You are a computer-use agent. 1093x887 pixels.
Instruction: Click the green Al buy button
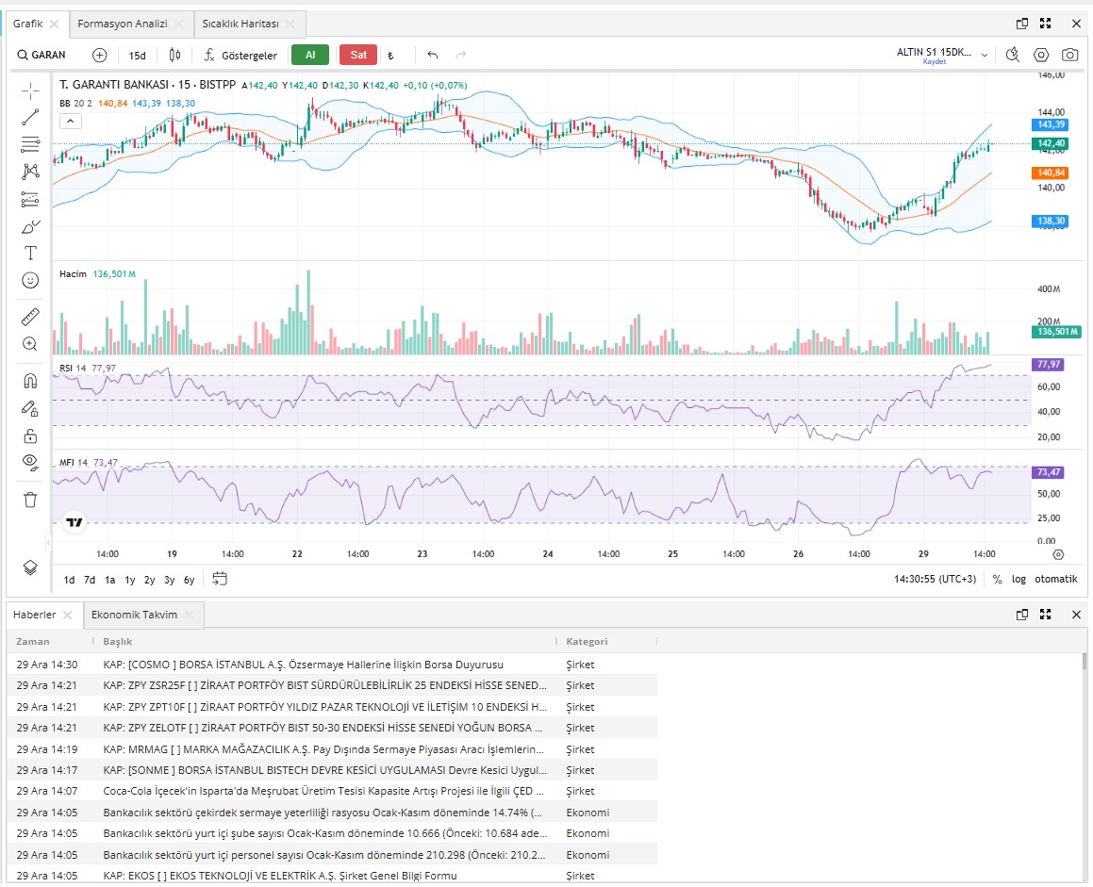[x=310, y=55]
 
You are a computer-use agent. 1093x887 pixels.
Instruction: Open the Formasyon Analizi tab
[x=123, y=24]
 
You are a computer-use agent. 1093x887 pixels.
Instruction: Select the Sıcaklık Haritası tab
[x=240, y=24]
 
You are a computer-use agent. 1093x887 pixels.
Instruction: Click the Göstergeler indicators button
[x=240, y=55]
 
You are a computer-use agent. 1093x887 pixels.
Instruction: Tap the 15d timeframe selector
[x=138, y=55]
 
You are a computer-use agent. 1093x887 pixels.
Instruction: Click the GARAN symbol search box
[x=41, y=55]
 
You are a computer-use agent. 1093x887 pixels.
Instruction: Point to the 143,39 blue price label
[x=1051, y=124]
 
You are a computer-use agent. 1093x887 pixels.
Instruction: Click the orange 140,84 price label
[x=1051, y=172]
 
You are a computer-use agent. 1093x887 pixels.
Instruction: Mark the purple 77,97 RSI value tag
[x=1049, y=365]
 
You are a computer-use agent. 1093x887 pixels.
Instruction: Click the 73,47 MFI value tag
[x=1049, y=472]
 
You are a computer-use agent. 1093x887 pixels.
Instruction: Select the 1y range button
[x=129, y=580]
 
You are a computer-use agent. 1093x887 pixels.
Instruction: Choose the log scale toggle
[x=1018, y=579]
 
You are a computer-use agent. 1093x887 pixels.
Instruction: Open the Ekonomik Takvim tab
[x=135, y=615]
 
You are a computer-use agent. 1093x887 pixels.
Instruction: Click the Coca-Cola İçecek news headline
[x=324, y=791]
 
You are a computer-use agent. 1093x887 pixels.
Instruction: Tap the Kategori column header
[x=587, y=641]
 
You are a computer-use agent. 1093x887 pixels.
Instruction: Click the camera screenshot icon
[x=1069, y=55]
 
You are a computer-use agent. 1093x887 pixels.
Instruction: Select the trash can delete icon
[x=30, y=500]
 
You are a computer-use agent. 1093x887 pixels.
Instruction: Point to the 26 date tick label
[x=798, y=554]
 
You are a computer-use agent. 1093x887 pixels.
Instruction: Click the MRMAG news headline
[x=323, y=749]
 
